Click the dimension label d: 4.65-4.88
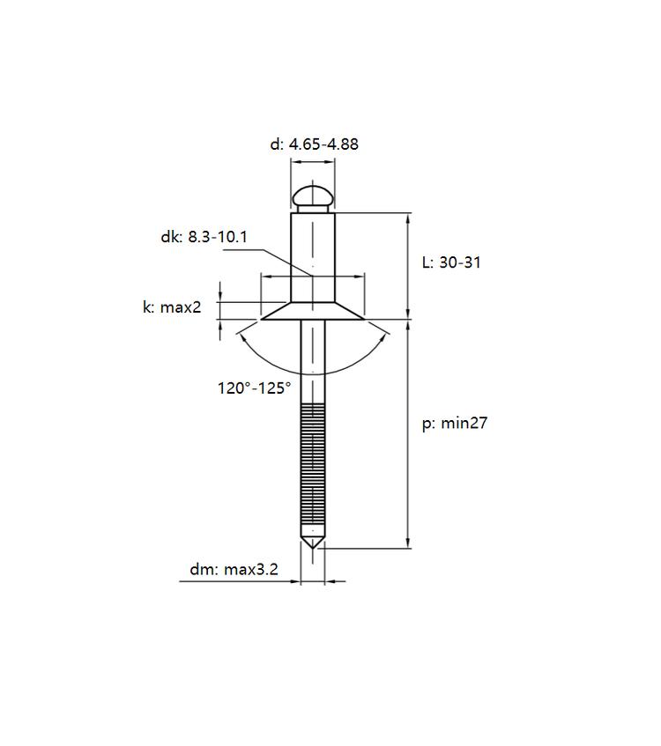pyautogui.click(x=314, y=144)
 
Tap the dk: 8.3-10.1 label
pyautogui.click(x=204, y=236)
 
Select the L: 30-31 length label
pyautogui.click(x=451, y=262)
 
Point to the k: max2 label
pyautogui.click(x=172, y=307)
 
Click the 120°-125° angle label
pyautogui.click(x=254, y=388)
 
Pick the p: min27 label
pyautogui.click(x=455, y=423)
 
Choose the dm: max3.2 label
pyautogui.click(x=234, y=569)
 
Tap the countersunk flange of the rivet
pyautogui.click(x=313, y=311)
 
